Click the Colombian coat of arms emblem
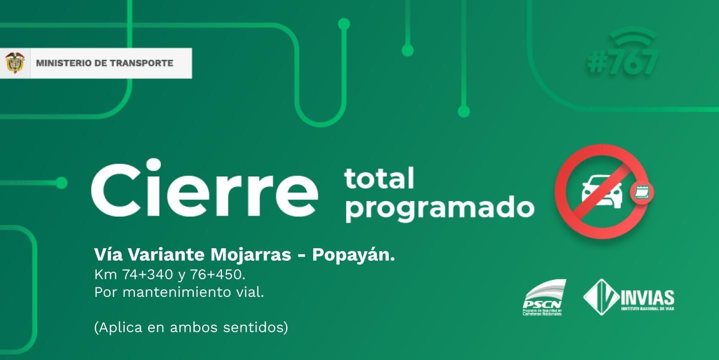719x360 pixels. (15, 63)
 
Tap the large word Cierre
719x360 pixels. (204, 188)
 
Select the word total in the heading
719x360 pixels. (379, 178)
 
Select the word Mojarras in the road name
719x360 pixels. (251, 255)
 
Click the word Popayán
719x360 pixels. (353, 255)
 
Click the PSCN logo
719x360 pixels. (543, 298)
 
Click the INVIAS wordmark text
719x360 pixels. (647, 298)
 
